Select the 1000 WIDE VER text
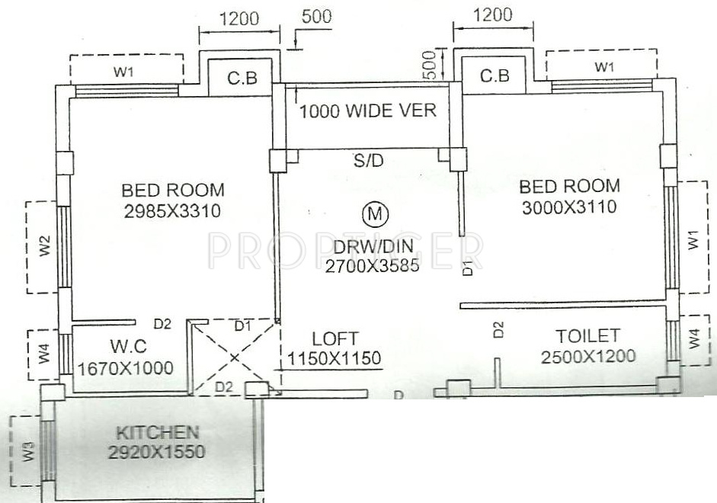click(x=367, y=111)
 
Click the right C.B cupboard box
click(x=495, y=76)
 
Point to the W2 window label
click(x=45, y=247)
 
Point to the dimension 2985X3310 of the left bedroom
click(x=172, y=212)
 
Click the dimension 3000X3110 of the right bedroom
click(x=568, y=206)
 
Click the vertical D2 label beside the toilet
click(x=498, y=329)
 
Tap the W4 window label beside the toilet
click(x=693, y=338)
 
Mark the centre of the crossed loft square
click(x=233, y=356)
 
